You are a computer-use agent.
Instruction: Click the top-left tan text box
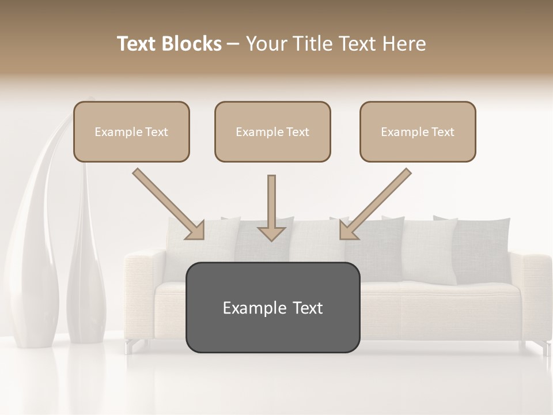click(131, 131)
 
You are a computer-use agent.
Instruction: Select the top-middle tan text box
click(272, 131)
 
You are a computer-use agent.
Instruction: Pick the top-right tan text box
click(418, 131)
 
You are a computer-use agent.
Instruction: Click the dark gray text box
click(272, 307)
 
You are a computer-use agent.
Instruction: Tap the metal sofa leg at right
click(543, 348)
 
